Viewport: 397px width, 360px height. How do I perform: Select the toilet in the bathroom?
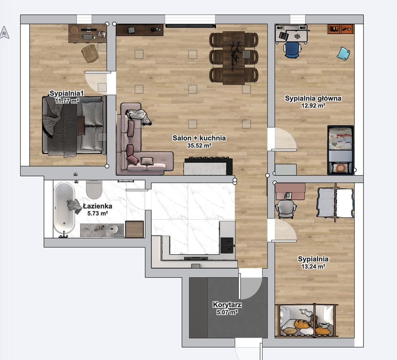[94, 189]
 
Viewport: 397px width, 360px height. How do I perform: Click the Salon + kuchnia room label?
[199, 138]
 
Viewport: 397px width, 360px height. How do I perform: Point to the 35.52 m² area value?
[199, 146]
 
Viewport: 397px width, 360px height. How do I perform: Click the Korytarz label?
[227, 305]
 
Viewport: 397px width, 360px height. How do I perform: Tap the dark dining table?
[234, 57]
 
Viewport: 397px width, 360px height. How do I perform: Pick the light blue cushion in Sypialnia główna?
[343, 53]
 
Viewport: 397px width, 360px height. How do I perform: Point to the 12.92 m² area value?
[313, 106]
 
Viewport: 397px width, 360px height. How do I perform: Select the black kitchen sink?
[227, 245]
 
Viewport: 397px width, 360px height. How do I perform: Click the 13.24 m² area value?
[313, 266]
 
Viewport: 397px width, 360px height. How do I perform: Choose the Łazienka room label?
[97, 206]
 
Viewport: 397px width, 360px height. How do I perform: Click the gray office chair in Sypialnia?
[286, 209]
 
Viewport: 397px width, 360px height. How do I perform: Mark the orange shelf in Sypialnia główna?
[341, 29]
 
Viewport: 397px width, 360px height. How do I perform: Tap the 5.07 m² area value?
[227, 313]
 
